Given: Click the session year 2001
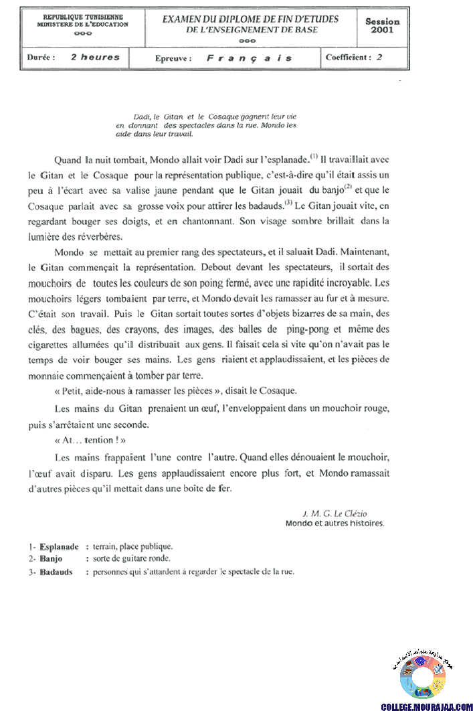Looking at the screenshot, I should click(x=383, y=30).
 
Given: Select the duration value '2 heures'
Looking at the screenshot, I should click(x=95, y=58).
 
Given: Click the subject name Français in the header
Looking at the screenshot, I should click(x=249, y=58).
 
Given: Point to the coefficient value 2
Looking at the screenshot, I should click(x=379, y=58).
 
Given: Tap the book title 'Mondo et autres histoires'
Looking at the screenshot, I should click(x=335, y=524).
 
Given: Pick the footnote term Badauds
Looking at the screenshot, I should click(x=56, y=572).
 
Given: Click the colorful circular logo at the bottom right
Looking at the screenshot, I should click(x=422, y=677).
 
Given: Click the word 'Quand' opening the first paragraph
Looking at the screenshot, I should click(x=68, y=161).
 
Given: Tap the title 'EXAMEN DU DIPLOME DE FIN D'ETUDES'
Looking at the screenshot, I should click(x=250, y=19).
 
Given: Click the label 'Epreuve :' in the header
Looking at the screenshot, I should click(x=173, y=58).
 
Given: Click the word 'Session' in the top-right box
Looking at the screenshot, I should click(x=383, y=21).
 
